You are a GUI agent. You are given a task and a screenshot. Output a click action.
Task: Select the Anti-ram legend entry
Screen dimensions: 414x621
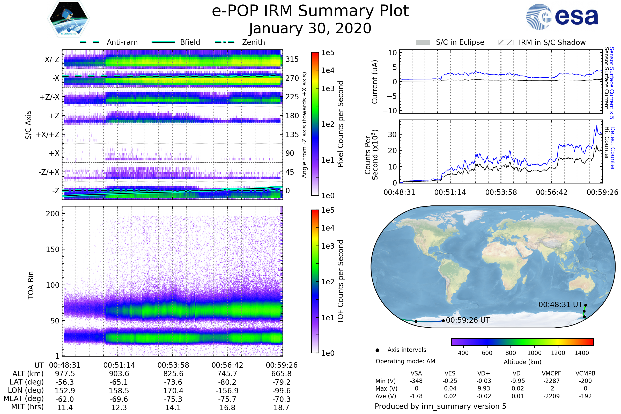[122, 42]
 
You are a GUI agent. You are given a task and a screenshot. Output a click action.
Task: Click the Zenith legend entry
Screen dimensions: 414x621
[253, 42]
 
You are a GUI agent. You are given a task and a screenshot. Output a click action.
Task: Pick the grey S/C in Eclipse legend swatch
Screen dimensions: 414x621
[423, 42]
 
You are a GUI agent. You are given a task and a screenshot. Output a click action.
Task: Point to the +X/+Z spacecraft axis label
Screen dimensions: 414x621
[48, 135]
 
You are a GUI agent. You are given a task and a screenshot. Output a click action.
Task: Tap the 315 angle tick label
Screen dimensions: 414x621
[292, 59]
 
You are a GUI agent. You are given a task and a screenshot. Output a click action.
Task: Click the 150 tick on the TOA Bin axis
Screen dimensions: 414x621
[53, 249]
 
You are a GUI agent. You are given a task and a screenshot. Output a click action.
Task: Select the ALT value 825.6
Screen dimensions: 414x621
[173, 374]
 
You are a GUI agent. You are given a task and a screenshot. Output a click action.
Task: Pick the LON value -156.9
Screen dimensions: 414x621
[227, 391]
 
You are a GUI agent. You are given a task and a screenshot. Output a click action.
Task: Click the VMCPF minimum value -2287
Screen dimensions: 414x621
[551, 381]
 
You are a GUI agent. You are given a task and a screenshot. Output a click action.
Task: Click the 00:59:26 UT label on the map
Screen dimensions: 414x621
[468, 320]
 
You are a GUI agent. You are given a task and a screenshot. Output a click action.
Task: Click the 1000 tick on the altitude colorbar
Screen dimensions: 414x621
[534, 353]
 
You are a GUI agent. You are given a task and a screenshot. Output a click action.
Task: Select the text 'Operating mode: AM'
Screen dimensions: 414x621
[405, 361]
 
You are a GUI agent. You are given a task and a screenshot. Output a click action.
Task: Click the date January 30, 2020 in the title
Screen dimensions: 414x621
[310, 28]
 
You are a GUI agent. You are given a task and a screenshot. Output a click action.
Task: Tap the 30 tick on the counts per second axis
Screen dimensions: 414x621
[392, 134]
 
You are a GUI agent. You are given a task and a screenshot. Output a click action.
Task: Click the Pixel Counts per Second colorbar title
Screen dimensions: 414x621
[341, 124]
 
